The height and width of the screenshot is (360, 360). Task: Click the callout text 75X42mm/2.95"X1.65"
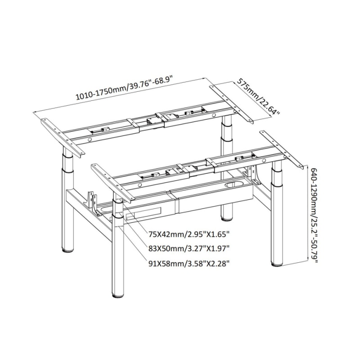click(189, 234)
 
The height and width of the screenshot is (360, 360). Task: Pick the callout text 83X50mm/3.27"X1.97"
click(189, 248)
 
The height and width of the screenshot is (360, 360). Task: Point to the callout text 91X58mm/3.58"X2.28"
click(189, 264)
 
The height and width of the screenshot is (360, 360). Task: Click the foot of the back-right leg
click(227, 218)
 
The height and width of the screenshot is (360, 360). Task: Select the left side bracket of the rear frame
click(62, 138)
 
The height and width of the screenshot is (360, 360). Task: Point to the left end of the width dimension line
click(33, 112)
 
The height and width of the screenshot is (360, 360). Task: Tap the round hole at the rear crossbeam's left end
click(90, 139)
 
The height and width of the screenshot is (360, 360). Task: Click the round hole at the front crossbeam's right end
click(264, 161)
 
